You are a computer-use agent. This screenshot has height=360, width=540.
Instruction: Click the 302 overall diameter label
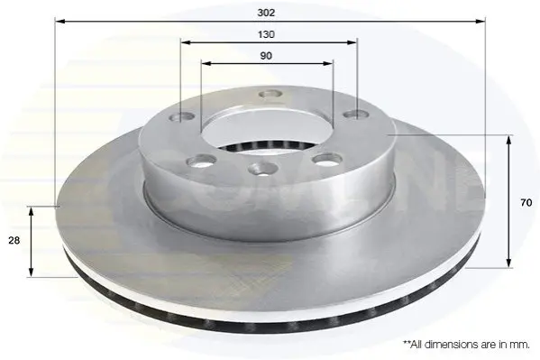pos(266,13)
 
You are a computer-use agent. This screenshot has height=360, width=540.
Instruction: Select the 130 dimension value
pos(266,34)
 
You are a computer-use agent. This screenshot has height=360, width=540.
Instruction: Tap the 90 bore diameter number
pos(266,56)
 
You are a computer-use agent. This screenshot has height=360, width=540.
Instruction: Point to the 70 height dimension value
pos(526,203)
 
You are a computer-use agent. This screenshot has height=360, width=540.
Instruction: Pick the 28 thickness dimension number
pos(14,240)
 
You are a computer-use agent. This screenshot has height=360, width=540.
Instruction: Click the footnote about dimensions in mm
pos(466,344)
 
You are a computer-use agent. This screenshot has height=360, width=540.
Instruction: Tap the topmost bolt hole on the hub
pos(270,94)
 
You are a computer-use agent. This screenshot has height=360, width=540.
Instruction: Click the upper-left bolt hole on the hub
pos(182,117)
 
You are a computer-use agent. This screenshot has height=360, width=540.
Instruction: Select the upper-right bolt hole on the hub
pos(356,115)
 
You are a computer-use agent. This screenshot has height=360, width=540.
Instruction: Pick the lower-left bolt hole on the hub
pos(201,161)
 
